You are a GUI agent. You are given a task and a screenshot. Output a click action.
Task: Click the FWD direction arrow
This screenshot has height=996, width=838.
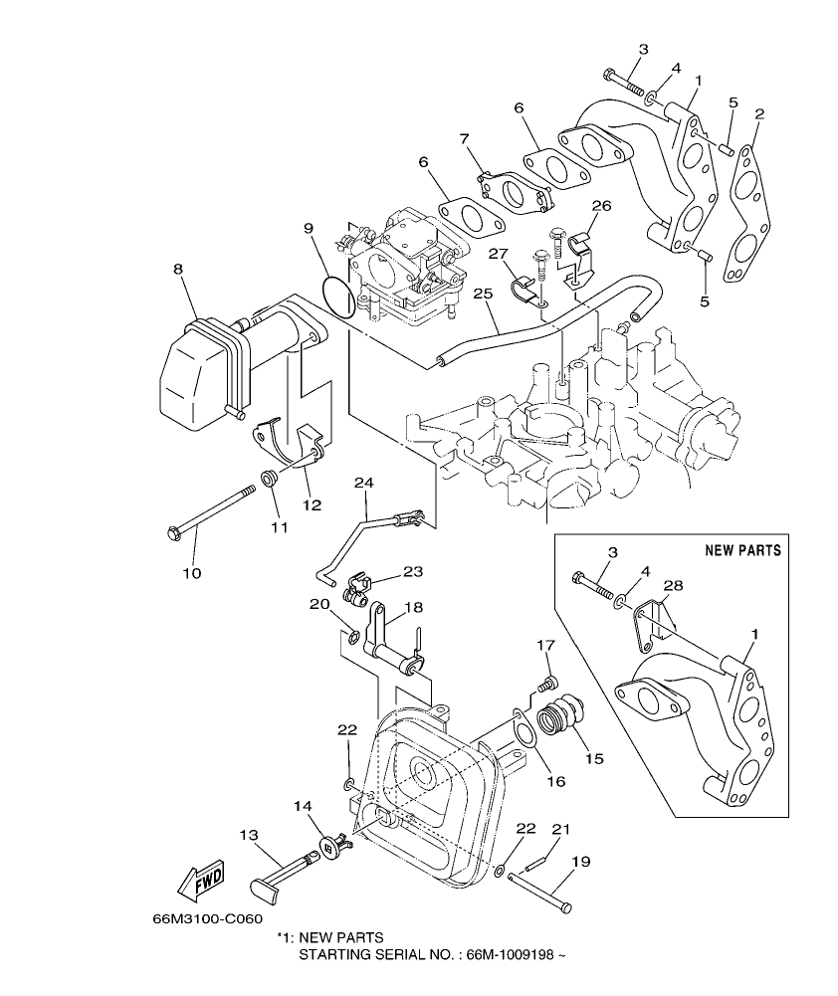(200, 879)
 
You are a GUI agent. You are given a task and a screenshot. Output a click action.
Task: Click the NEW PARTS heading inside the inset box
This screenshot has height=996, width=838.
(742, 550)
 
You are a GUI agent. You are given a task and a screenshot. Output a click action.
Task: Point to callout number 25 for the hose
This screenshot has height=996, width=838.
(483, 294)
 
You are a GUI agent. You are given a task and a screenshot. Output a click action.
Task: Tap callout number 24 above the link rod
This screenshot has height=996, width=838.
(363, 483)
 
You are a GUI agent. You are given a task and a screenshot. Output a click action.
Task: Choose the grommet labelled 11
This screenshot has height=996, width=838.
(269, 479)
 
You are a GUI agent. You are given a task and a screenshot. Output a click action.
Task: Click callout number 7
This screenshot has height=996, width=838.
(464, 139)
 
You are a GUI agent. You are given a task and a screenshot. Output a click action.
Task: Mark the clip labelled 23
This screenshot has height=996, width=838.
(359, 593)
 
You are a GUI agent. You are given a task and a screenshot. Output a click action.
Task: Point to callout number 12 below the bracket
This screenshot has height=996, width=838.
(312, 505)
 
